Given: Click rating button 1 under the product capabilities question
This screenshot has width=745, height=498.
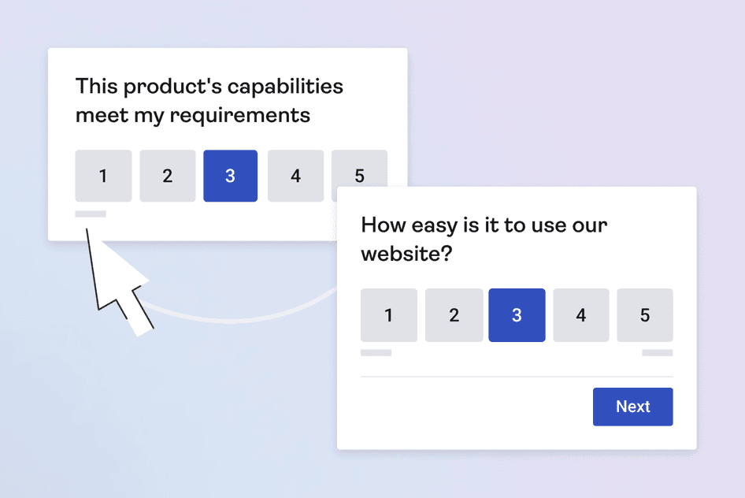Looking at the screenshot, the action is [103, 176].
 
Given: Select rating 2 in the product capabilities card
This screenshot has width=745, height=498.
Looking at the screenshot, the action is [167, 176].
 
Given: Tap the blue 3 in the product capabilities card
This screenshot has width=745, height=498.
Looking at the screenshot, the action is [231, 176].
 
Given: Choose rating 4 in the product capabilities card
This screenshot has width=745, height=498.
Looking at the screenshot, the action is [295, 176].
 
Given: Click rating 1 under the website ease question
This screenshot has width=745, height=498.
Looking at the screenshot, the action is [389, 315].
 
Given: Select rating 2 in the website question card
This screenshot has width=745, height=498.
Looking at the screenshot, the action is [454, 315].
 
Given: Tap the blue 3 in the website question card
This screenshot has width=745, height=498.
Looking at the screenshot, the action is [517, 315].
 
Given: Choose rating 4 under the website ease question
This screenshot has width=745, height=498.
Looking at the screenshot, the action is [581, 315].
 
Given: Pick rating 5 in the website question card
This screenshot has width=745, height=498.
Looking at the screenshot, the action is [645, 315].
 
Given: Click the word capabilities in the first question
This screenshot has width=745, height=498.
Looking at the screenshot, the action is [285, 87].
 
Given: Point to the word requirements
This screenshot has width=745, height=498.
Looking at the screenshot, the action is [240, 117].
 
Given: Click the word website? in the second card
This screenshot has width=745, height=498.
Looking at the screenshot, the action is [406, 253].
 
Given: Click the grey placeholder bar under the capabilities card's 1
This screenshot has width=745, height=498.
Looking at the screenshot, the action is [91, 214].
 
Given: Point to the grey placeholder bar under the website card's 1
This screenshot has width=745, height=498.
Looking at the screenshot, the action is [376, 352].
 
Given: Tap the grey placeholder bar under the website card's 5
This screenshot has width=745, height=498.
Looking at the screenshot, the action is [657, 352].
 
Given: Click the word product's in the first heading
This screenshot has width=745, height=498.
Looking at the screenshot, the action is [172, 87].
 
